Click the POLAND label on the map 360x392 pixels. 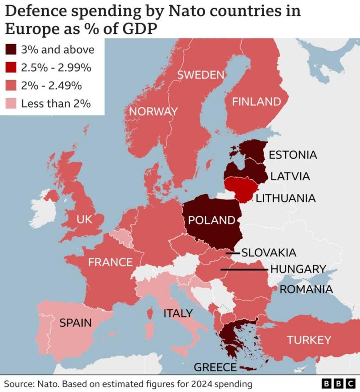tap(211, 220)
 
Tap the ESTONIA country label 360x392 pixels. tap(292, 155)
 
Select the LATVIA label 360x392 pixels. tap(290, 177)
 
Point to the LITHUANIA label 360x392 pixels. tap(285, 198)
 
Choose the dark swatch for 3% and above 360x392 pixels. tap(11, 50)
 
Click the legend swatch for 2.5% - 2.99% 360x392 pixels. tap(11, 68)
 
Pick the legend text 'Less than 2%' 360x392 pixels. tap(56, 104)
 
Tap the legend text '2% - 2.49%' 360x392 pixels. tap(51, 86)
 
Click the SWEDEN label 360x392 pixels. tap(201, 75)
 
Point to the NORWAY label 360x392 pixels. tap(153, 111)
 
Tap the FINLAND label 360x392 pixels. tap(256, 102)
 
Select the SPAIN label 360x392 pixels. tap(76, 323)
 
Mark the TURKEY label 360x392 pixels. tap(309, 340)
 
